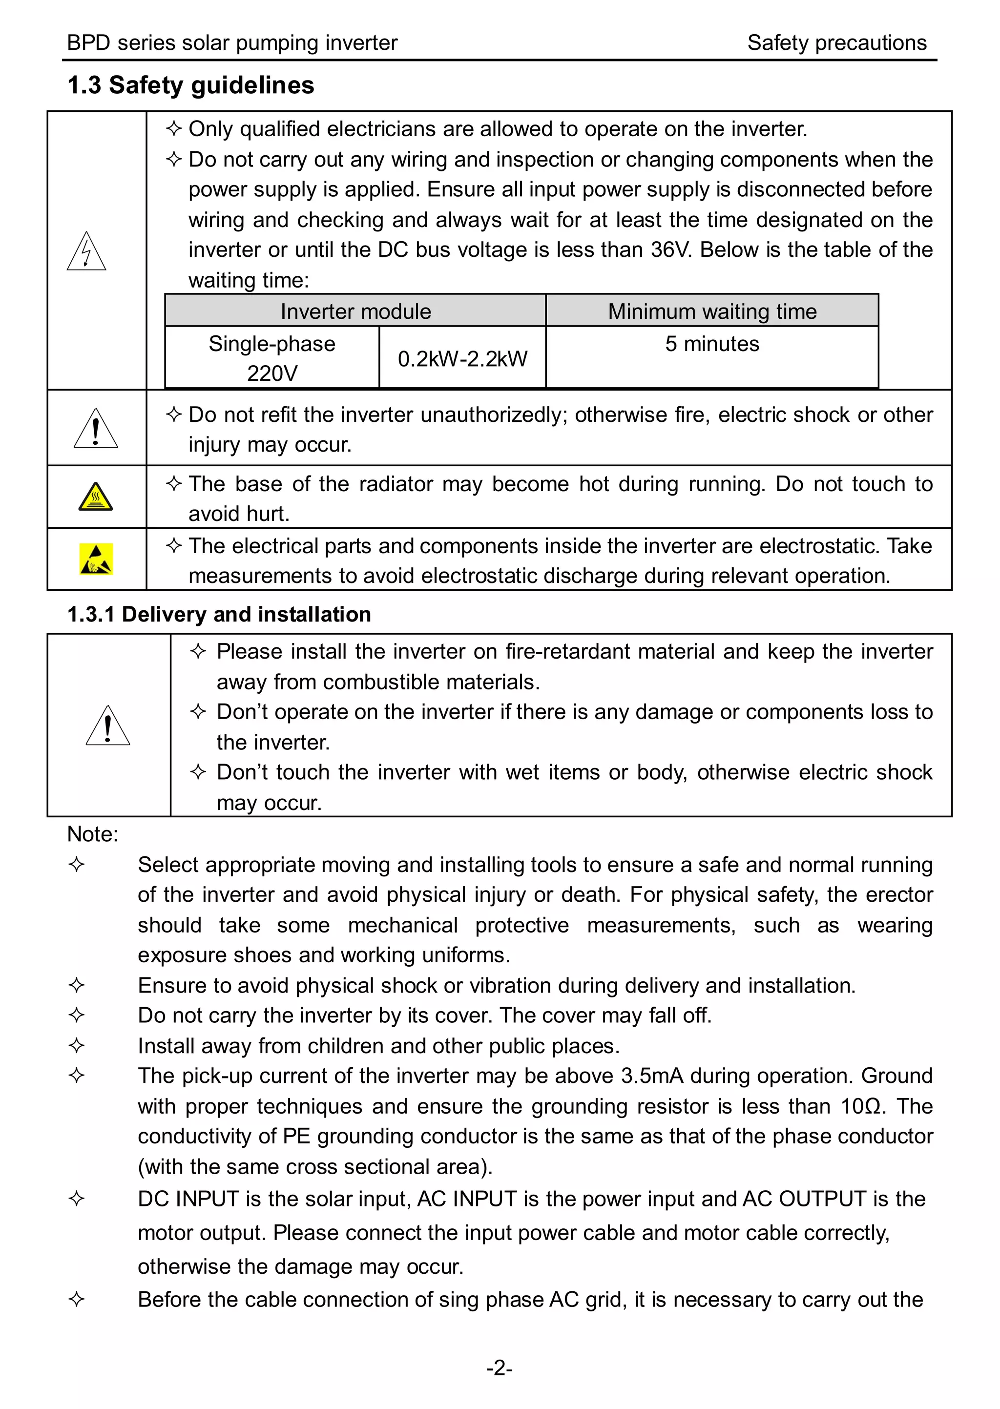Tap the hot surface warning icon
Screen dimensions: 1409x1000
(x=95, y=497)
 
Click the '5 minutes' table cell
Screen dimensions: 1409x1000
(x=712, y=344)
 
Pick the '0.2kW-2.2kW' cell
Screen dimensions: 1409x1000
(x=462, y=359)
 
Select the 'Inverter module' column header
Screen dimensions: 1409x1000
(x=355, y=311)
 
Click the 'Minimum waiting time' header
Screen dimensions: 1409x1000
(x=712, y=311)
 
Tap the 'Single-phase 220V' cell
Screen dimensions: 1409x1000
(x=271, y=358)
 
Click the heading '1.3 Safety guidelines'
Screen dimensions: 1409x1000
(x=190, y=85)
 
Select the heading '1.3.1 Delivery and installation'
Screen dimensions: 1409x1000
(x=219, y=614)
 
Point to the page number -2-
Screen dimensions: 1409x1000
(x=500, y=1368)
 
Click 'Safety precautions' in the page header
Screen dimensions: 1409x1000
(x=836, y=43)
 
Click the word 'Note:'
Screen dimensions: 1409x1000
(x=92, y=834)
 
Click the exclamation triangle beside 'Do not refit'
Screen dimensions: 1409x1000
(x=95, y=429)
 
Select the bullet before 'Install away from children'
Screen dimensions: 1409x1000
(x=76, y=1045)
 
